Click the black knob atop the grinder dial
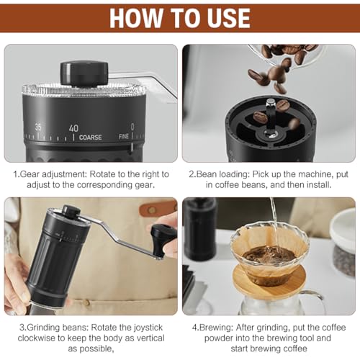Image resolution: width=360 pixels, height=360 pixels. tap(84, 72)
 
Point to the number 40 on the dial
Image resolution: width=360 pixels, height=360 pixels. tap(73, 128)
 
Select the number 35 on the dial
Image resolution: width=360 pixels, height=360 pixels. tap(38, 127)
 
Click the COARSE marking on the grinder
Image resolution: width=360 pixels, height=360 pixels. tap(91, 137)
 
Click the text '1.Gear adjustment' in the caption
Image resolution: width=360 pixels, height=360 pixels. tap(50, 174)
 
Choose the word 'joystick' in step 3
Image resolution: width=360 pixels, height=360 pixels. tap(153, 325)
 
